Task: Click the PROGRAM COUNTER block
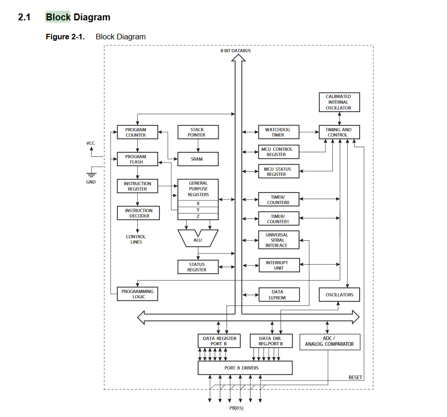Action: click(x=137, y=132)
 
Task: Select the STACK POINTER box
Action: click(x=198, y=132)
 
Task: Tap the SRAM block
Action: click(x=198, y=159)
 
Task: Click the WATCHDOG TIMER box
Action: click(x=278, y=132)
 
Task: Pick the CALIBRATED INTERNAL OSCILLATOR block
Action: click(x=338, y=102)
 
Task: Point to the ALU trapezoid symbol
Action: click(x=198, y=239)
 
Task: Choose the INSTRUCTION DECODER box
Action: click(x=137, y=213)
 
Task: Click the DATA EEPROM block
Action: click(x=278, y=295)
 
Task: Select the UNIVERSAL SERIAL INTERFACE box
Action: click(x=278, y=240)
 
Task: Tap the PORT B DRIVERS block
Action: click(x=245, y=368)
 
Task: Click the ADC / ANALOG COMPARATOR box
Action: click(x=329, y=342)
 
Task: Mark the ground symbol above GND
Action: click(x=91, y=174)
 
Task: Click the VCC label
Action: click(x=91, y=143)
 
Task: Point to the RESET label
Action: click(x=355, y=378)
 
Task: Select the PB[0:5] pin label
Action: click(x=236, y=408)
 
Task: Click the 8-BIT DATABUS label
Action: click(x=236, y=50)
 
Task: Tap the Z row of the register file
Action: click(x=198, y=216)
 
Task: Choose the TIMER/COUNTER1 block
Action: click(x=278, y=218)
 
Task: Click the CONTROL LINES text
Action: click(x=136, y=239)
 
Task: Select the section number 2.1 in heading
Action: click(x=24, y=18)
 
